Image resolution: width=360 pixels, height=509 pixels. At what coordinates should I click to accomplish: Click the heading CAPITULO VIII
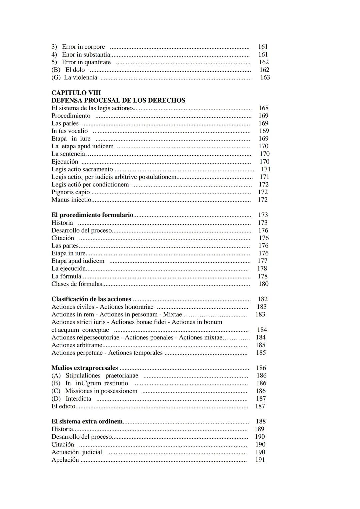click(x=76, y=93)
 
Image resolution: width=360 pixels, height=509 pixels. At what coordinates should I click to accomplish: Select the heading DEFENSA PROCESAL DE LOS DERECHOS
click(x=118, y=100)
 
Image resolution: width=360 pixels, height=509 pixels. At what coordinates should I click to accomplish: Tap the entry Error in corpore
click(x=83, y=47)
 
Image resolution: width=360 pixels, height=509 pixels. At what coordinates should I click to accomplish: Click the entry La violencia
click(x=80, y=78)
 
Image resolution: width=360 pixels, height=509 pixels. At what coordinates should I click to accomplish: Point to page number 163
click(x=265, y=78)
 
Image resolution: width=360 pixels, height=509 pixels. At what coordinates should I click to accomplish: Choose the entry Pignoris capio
click(x=71, y=192)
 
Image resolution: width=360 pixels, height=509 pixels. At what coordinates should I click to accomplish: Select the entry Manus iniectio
click(x=71, y=200)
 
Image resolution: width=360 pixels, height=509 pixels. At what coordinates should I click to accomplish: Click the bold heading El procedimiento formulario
click(x=92, y=215)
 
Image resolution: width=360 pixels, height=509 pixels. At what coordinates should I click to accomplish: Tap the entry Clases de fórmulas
click(x=77, y=284)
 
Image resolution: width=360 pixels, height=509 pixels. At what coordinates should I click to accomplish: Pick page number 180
click(x=263, y=284)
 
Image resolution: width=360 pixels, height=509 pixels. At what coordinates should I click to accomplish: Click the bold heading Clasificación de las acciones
click(x=91, y=299)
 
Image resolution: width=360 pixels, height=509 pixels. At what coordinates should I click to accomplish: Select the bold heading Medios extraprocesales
click(x=85, y=368)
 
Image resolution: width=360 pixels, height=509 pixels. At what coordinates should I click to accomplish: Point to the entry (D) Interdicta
click(x=78, y=399)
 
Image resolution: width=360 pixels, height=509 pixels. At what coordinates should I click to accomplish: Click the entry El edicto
click(x=63, y=406)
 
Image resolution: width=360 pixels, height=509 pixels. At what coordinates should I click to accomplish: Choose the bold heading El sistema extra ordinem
click(x=87, y=422)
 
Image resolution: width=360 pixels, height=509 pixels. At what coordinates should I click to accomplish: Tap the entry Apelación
click(x=65, y=460)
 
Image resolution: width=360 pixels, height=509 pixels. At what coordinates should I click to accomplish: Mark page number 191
click(x=260, y=460)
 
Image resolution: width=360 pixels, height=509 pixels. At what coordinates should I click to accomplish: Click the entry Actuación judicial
click(x=77, y=452)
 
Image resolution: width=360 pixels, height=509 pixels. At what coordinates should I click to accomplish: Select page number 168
click(x=263, y=108)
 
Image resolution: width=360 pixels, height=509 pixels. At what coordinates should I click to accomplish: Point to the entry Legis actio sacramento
click(x=82, y=169)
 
